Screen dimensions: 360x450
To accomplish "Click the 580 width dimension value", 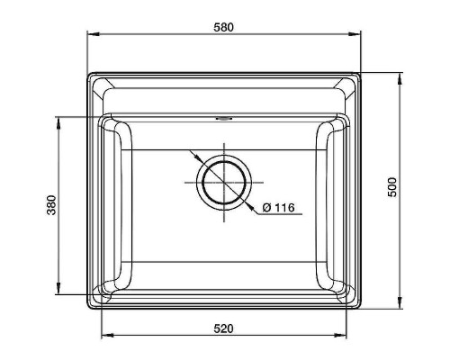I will (223, 27).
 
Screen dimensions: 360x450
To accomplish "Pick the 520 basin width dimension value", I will (224, 328).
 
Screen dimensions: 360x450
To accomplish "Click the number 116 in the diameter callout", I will (283, 208).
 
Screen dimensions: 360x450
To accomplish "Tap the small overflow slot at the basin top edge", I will (223, 117).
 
